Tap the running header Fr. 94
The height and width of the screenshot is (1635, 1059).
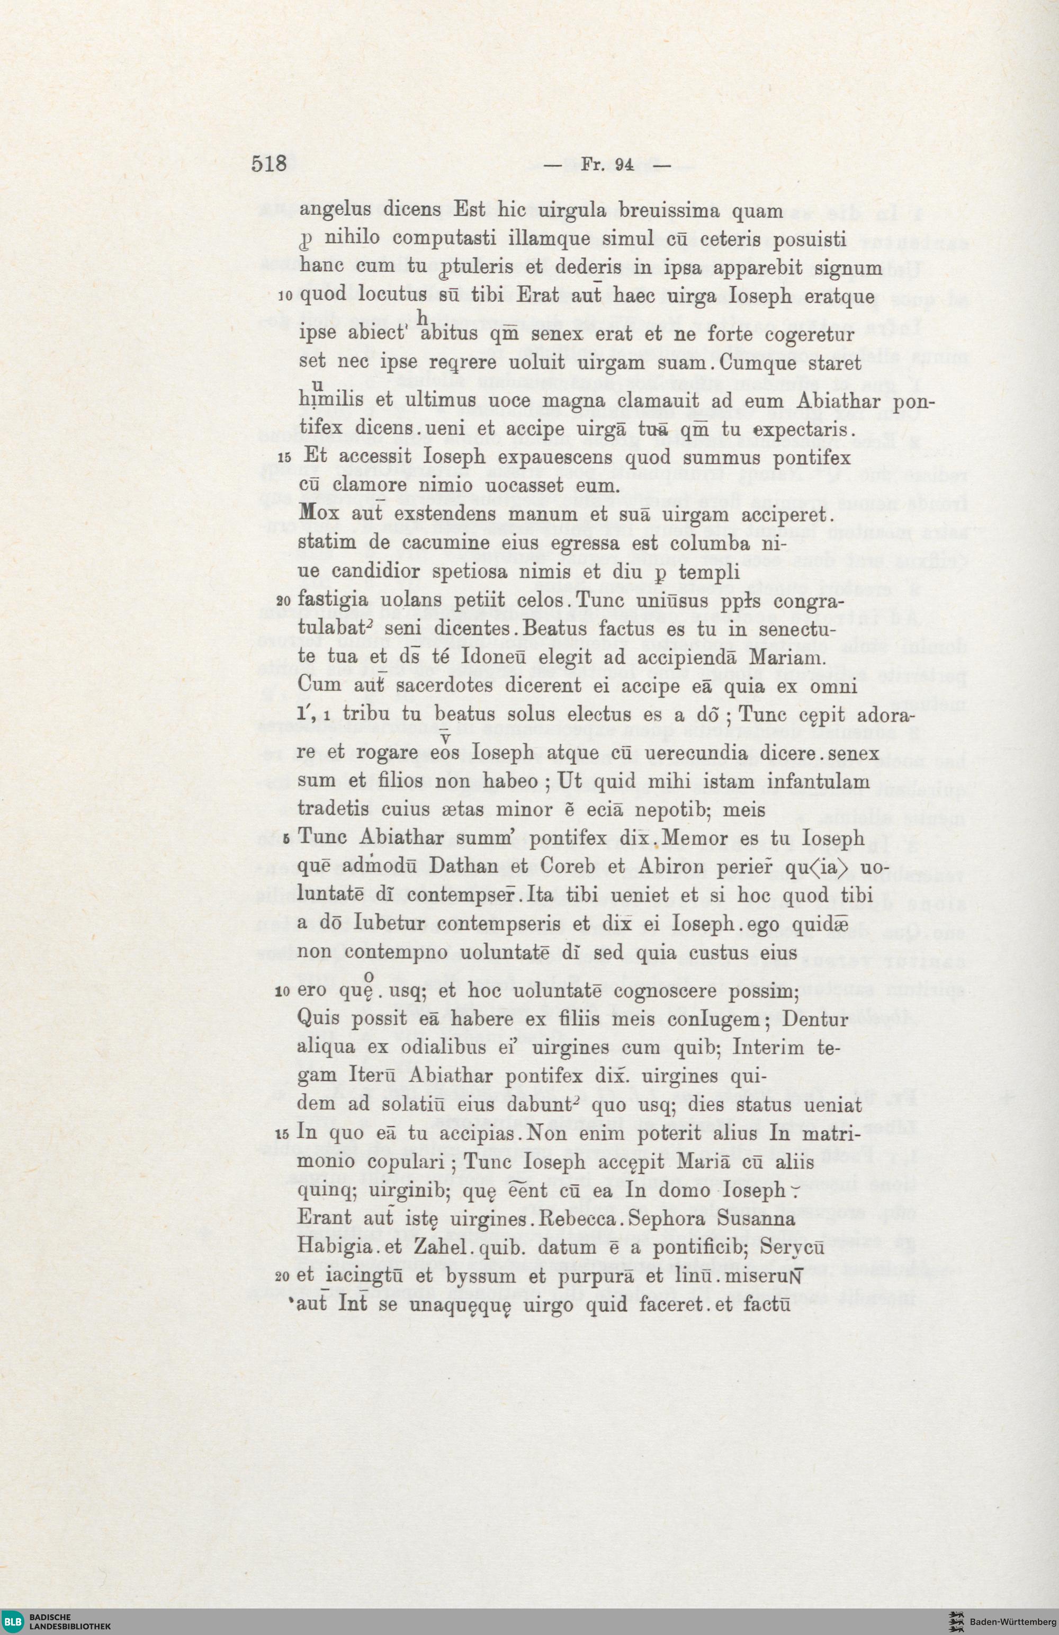606,165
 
